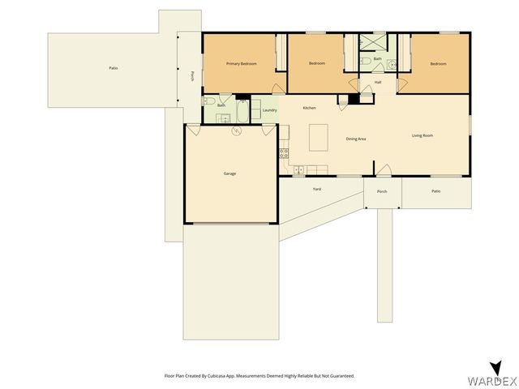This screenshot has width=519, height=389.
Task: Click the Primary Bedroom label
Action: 242,63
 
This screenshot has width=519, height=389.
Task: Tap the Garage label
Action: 229,173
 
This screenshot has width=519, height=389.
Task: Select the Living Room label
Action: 422,135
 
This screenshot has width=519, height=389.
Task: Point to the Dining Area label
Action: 356,139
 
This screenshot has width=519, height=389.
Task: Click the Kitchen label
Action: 309,108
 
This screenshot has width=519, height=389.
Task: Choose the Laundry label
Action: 270,110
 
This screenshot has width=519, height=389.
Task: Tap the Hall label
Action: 378,82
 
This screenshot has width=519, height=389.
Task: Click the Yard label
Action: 318,189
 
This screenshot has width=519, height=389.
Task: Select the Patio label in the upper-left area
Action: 114,67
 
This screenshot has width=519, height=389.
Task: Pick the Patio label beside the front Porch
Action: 435,191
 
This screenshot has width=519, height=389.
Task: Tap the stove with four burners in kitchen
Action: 285,152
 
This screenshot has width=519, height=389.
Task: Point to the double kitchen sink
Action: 299,169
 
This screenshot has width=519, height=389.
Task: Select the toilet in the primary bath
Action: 208,100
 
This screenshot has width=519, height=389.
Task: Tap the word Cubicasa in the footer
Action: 214,376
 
